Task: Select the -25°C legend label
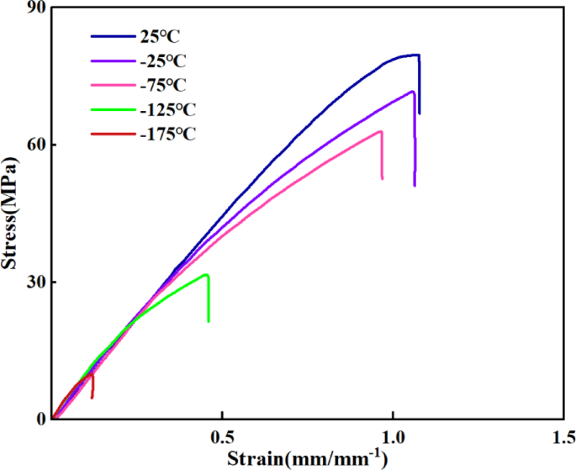coord(164,61)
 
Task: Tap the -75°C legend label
coord(164,85)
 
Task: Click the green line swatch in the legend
coord(111,109)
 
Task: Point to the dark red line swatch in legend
coord(111,134)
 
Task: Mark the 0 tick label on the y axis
coord(40,418)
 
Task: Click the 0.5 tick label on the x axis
coord(222,438)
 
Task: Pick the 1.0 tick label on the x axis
coord(392,438)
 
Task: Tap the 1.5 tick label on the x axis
coord(560,438)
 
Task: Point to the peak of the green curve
coord(207,274)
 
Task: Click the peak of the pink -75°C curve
coord(381,131)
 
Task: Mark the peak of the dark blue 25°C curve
coord(415,55)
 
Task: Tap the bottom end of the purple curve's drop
coord(415,185)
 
